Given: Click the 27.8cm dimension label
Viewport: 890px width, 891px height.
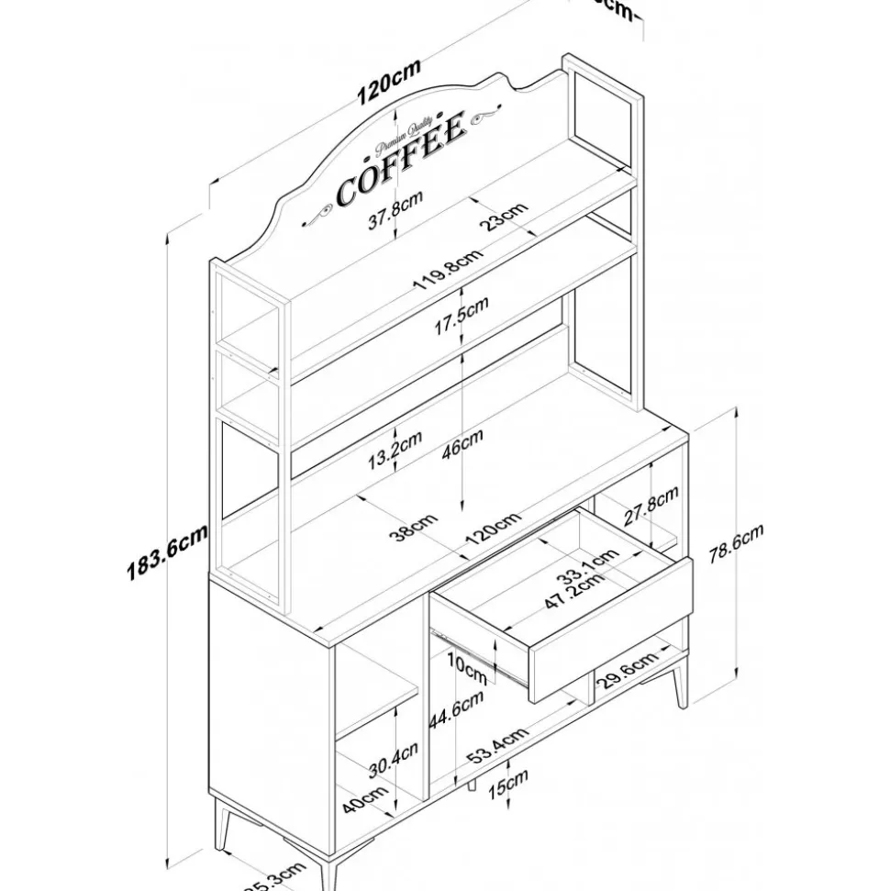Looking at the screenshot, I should tap(651, 507).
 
